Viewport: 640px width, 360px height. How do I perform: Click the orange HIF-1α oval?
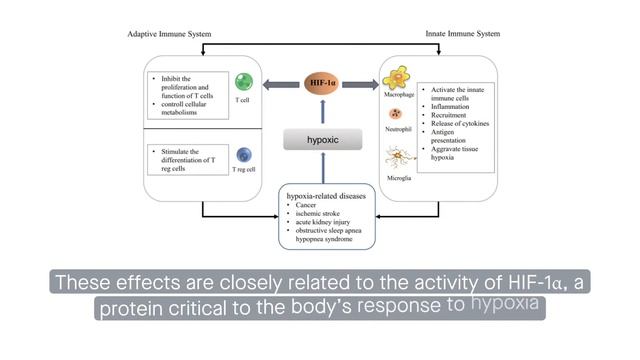click(x=320, y=83)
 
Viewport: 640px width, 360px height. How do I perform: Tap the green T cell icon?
click(x=243, y=83)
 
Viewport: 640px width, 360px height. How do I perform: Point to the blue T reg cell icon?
click(x=243, y=154)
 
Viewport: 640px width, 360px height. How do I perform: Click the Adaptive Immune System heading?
click(x=172, y=34)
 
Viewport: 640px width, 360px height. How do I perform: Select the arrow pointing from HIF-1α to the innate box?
click(x=361, y=83)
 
